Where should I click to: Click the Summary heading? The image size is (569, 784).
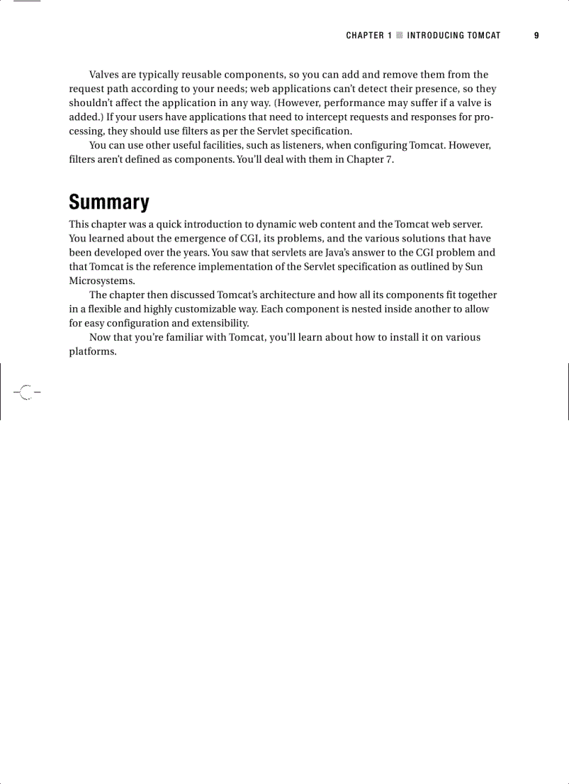point(109,202)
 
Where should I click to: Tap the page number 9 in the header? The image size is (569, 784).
point(536,36)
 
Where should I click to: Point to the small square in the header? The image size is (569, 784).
point(400,36)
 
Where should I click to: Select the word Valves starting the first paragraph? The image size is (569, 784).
point(105,75)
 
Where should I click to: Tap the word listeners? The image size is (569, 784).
point(290,145)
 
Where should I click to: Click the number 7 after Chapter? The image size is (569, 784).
point(390,159)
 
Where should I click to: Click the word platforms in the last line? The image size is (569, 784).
point(91,351)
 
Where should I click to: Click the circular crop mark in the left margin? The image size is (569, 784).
point(26,392)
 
